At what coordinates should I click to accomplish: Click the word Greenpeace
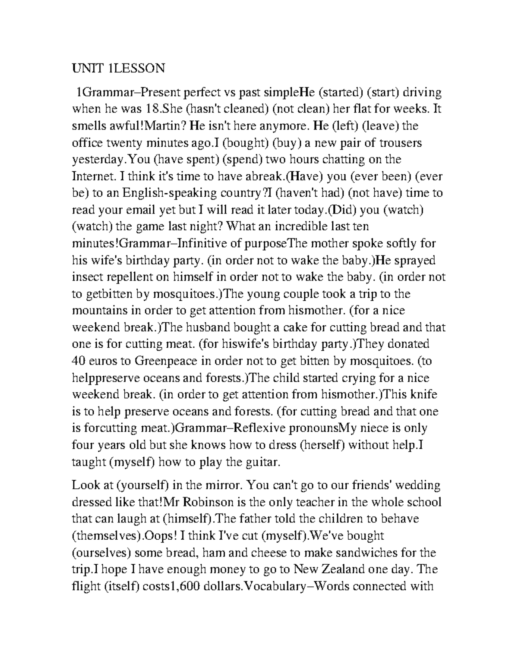(x=166, y=361)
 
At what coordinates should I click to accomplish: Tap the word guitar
(x=262, y=462)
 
